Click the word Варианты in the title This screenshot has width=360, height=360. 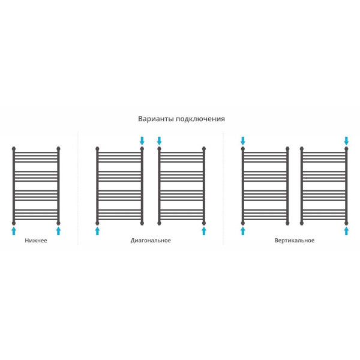[x=156, y=119]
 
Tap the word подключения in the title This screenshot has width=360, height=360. [x=200, y=119]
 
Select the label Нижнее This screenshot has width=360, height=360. [x=36, y=241]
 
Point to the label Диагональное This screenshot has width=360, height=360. [x=151, y=241]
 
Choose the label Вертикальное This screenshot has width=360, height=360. [x=295, y=241]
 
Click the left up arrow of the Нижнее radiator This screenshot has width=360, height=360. [x=14, y=231]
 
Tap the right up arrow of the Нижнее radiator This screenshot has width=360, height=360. [x=58, y=231]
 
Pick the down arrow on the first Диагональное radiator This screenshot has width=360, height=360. [x=142, y=141]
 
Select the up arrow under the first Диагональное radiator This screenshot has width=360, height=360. [x=97, y=231]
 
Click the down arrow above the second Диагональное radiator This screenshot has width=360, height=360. [x=159, y=141]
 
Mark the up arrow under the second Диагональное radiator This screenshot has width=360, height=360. [x=204, y=231]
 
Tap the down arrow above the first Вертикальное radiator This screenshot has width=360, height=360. [x=242, y=141]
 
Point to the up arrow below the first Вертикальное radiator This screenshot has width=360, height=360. [x=242, y=231]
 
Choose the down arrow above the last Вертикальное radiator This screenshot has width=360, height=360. [x=346, y=141]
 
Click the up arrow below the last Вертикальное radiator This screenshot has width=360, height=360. [x=346, y=231]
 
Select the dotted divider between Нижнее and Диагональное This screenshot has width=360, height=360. [x=78, y=188]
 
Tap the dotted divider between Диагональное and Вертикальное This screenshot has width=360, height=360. [x=223, y=188]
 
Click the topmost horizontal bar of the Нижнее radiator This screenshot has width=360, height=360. [x=36, y=152]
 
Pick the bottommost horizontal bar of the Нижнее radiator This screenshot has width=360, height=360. [x=36, y=219]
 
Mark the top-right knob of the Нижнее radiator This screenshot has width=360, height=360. [x=58, y=149]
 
